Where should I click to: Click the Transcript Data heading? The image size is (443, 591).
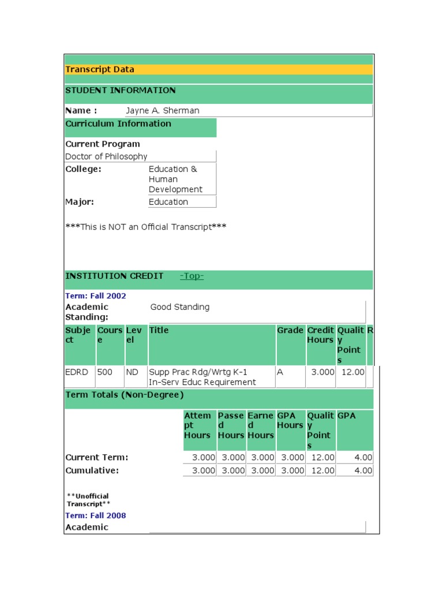(x=100, y=70)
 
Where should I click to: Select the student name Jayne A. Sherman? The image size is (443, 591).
(x=163, y=111)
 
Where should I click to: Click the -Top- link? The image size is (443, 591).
(x=192, y=276)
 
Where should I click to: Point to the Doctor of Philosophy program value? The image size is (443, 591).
(x=106, y=157)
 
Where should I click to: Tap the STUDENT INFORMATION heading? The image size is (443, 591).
(x=121, y=91)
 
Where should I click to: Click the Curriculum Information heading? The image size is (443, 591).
(x=118, y=124)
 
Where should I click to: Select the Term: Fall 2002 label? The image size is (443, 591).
(x=96, y=296)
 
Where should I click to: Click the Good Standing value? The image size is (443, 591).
(x=180, y=308)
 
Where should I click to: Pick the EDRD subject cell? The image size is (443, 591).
(x=77, y=373)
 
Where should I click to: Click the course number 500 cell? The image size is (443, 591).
(x=105, y=373)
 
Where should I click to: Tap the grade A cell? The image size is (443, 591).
(x=280, y=373)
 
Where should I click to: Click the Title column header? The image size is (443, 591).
(x=159, y=331)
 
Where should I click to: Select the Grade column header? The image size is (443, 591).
(x=290, y=331)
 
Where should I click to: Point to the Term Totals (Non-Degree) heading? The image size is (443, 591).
(x=125, y=395)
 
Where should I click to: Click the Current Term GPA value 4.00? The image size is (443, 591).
(x=363, y=458)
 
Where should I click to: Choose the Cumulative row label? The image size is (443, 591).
(x=92, y=471)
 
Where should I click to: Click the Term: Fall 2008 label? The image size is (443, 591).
(x=96, y=516)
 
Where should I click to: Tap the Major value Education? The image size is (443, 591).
(x=168, y=202)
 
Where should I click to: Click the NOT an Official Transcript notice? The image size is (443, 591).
(x=146, y=227)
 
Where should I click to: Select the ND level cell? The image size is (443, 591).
(x=132, y=373)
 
